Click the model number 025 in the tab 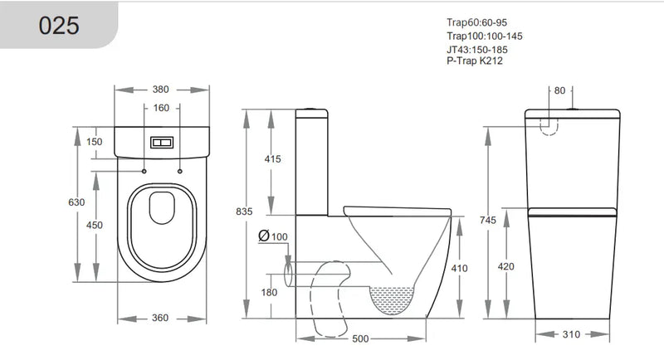tap(59, 26)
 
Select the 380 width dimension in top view tap(161, 90)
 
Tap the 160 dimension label tap(161, 108)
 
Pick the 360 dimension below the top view tap(161, 318)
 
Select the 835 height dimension tap(243, 212)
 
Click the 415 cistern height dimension tap(273, 158)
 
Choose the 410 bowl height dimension tap(461, 268)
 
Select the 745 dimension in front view tap(490, 220)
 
